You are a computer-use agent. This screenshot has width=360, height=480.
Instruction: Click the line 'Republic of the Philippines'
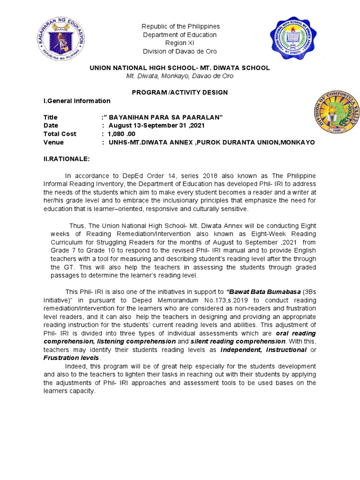point(180,26)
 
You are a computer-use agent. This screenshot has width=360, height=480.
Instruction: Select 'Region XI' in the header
point(180,43)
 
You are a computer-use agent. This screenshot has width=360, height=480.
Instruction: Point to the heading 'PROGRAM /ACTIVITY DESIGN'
point(180,92)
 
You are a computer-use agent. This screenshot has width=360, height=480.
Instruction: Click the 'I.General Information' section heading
point(77,101)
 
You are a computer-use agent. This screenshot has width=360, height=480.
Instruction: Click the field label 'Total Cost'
point(60,134)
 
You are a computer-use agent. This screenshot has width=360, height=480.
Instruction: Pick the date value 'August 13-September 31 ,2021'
point(157,126)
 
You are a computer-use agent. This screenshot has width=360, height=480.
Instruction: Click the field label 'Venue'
point(53,142)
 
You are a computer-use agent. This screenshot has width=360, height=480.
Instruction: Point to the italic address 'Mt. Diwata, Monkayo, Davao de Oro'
point(180,76)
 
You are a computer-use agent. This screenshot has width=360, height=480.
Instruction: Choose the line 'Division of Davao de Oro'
point(180,52)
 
